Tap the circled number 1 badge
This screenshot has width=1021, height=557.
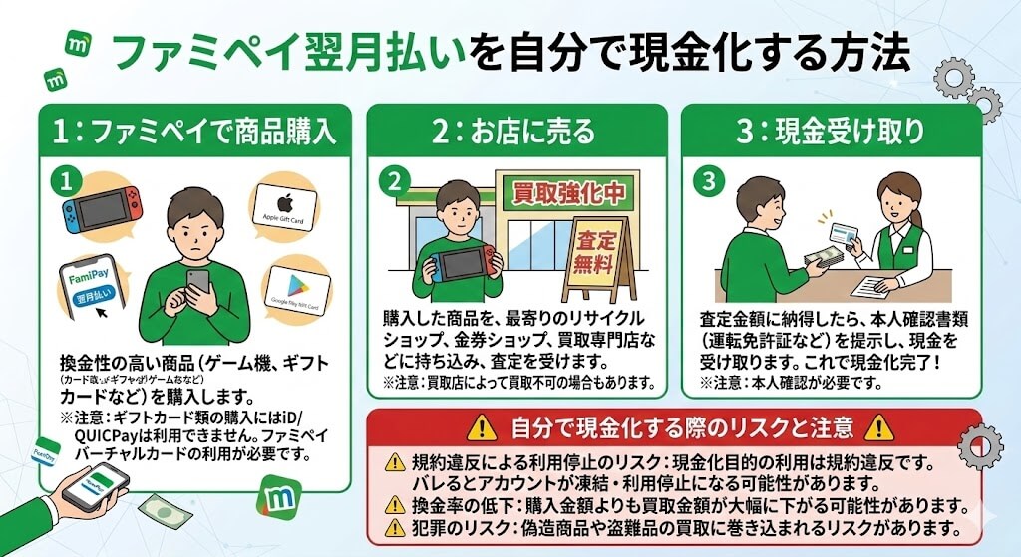pos(63,179)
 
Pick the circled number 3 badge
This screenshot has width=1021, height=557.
pos(708,180)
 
